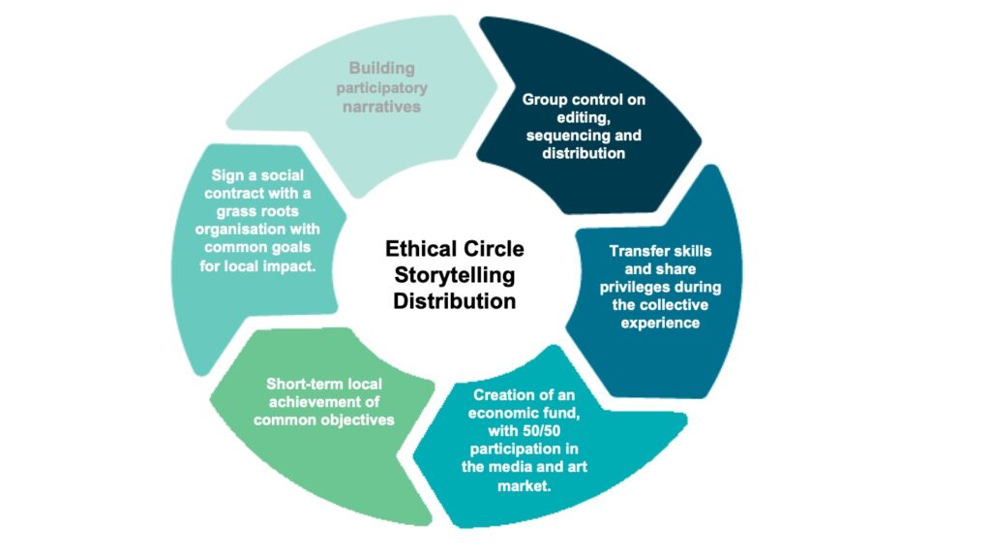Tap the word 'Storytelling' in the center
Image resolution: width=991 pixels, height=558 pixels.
pos(454,276)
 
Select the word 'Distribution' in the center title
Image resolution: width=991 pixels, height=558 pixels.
pos(454,301)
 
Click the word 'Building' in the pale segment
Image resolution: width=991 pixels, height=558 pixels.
pos(381,69)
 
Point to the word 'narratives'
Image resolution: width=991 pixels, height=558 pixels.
pos(381,107)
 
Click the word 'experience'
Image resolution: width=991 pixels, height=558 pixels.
pos(660,323)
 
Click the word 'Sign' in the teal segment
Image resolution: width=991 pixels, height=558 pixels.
pos(227,175)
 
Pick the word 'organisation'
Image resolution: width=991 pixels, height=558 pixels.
pos(235,231)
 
